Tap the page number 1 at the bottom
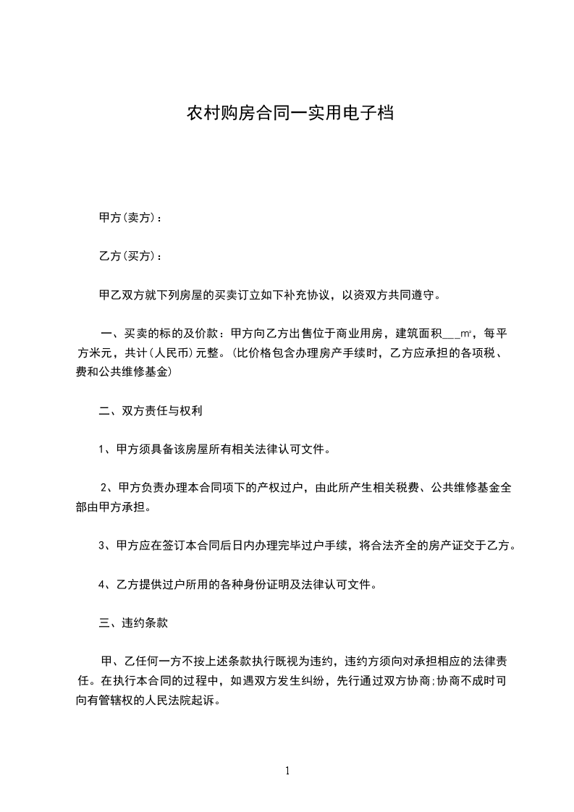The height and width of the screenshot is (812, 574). (x=287, y=771)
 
